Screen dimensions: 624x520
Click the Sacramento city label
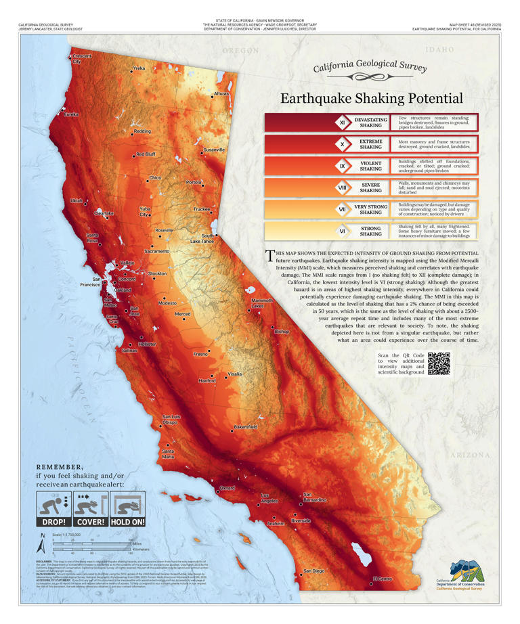click(x=156, y=251)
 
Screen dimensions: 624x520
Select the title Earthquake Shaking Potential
click(x=372, y=98)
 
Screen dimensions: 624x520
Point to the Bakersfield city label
click(x=245, y=427)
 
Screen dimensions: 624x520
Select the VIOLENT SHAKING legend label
click(x=370, y=166)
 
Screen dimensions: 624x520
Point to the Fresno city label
click(x=200, y=354)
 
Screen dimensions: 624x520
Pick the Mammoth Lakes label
click(x=262, y=303)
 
